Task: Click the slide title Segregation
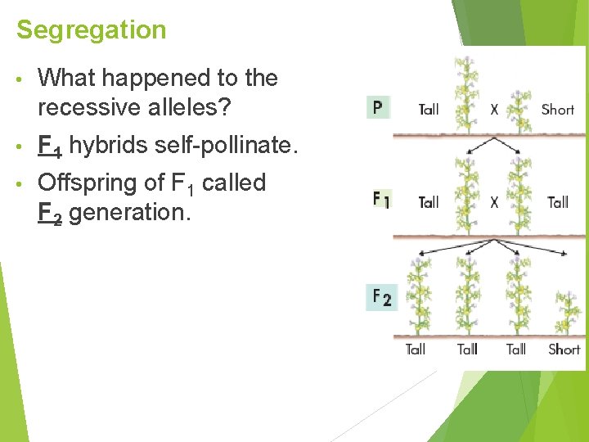(91, 30)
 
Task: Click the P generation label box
(377, 107)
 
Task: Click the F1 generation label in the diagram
(380, 200)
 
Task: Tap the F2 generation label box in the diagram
(380, 296)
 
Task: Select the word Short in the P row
(557, 109)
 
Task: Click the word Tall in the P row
(429, 109)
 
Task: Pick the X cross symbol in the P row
(494, 109)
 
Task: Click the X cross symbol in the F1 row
(494, 202)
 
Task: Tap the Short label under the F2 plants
(564, 350)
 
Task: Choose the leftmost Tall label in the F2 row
(416, 350)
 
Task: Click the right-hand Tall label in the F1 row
(558, 202)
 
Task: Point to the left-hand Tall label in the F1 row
(429, 202)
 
